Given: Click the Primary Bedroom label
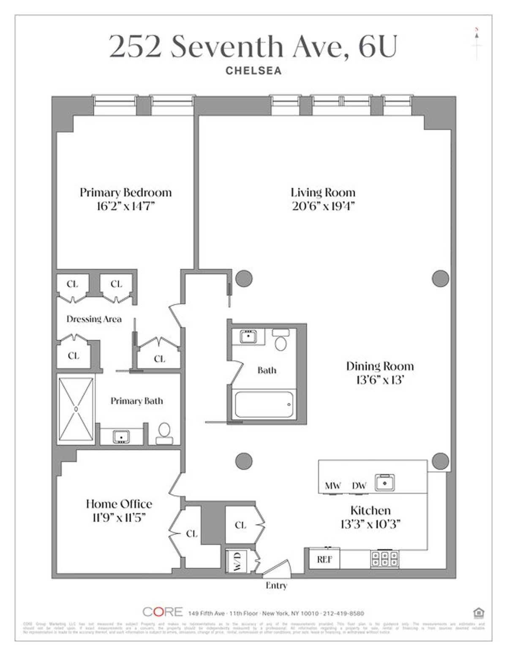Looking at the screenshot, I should (125, 192).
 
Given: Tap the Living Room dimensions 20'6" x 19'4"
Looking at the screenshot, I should (323, 206).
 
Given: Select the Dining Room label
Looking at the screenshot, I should (379, 366).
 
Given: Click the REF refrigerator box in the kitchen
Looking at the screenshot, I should (324, 559).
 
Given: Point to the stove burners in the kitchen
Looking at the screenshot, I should (384, 559).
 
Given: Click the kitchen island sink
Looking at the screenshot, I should (385, 483).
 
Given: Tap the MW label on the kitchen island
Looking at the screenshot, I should (333, 486).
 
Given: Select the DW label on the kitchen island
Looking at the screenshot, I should (359, 486).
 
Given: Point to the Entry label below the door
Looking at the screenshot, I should (276, 586).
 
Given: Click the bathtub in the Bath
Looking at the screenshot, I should (264, 404).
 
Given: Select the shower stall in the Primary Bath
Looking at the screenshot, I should (76, 409).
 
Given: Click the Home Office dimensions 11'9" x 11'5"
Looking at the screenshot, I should (119, 517).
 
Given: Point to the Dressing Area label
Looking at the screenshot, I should (94, 319).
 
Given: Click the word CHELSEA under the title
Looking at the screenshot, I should (253, 70).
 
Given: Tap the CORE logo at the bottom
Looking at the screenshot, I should (163, 612).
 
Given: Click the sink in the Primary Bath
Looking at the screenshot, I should (121, 436).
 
